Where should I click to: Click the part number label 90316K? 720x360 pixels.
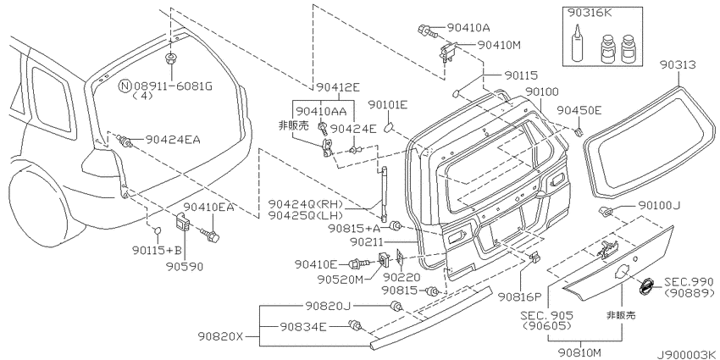click(590, 14)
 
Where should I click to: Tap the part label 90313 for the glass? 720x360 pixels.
click(678, 65)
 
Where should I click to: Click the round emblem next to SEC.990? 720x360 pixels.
click(647, 285)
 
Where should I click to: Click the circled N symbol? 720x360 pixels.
click(125, 86)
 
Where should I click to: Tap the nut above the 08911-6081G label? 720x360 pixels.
click(171, 58)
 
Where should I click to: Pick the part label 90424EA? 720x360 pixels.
click(173, 140)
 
